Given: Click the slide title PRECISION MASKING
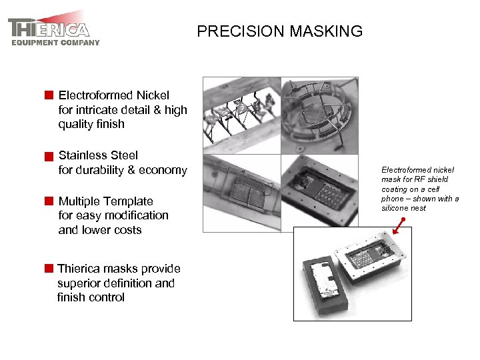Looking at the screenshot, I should (x=279, y=31).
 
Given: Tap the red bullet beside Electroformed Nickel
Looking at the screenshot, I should (x=49, y=95).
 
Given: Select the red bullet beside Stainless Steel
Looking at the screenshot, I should (x=49, y=157).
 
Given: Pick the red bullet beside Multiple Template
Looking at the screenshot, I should (x=49, y=201).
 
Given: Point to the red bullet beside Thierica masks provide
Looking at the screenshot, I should (x=49, y=269).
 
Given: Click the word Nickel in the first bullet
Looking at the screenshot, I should (x=153, y=95).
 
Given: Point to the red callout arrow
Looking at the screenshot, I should (x=399, y=227).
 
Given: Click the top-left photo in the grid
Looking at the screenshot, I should (x=241, y=115).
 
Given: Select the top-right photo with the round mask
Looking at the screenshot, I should (x=319, y=115).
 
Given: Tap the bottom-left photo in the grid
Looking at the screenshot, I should (x=241, y=193).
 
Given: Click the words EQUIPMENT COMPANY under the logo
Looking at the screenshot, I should (x=55, y=43).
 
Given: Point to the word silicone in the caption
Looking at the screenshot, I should (x=393, y=208).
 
